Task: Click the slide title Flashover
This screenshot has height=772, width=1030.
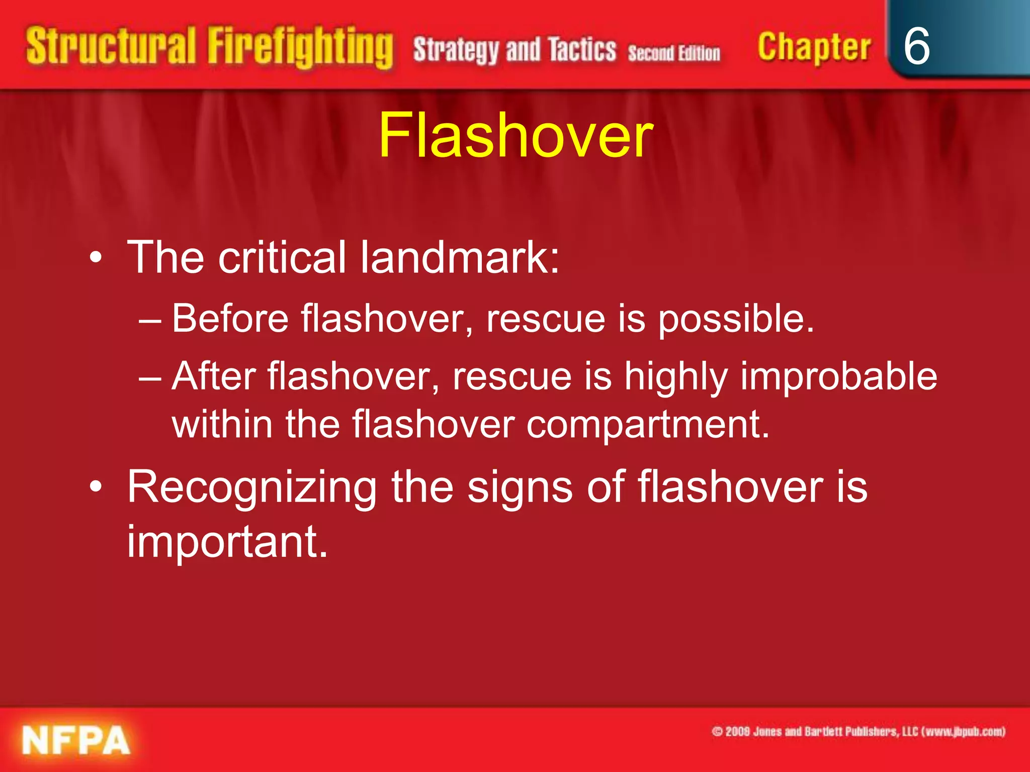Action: [x=516, y=136]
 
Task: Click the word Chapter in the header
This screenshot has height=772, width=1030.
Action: [x=814, y=47]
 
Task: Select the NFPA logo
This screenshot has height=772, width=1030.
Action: [x=76, y=740]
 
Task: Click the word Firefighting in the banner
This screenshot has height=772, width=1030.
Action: [x=300, y=48]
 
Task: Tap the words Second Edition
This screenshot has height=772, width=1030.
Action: [x=674, y=53]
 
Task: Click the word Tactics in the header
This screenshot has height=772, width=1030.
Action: [x=582, y=50]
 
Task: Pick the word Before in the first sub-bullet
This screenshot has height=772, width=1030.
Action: [x=230, y=319]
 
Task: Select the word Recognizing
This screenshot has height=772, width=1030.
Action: [x=251, y=488]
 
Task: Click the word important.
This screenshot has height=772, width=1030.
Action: [x=227, y=541]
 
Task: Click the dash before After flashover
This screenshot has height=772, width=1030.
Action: [x=150, y=377]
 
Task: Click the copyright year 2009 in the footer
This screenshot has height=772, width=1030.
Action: [x=738, y=731]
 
